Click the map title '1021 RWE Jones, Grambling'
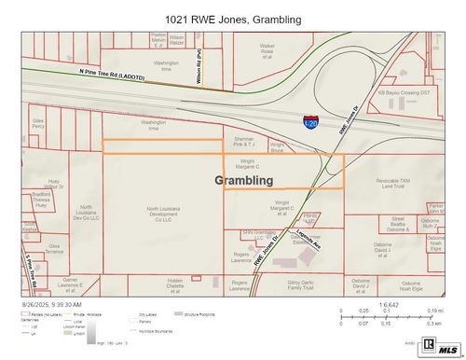pos(233,19)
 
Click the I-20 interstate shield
pos(310,123)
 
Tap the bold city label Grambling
pos(244,179)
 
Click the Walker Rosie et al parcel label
pos(267,50)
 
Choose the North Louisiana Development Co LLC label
pos(165,215)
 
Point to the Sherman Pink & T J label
pos(244,142)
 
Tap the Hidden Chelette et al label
pos(175,284)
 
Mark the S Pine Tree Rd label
pos(31,270)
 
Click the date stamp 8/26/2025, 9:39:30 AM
pos(52,304)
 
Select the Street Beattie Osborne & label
pos(398,224)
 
